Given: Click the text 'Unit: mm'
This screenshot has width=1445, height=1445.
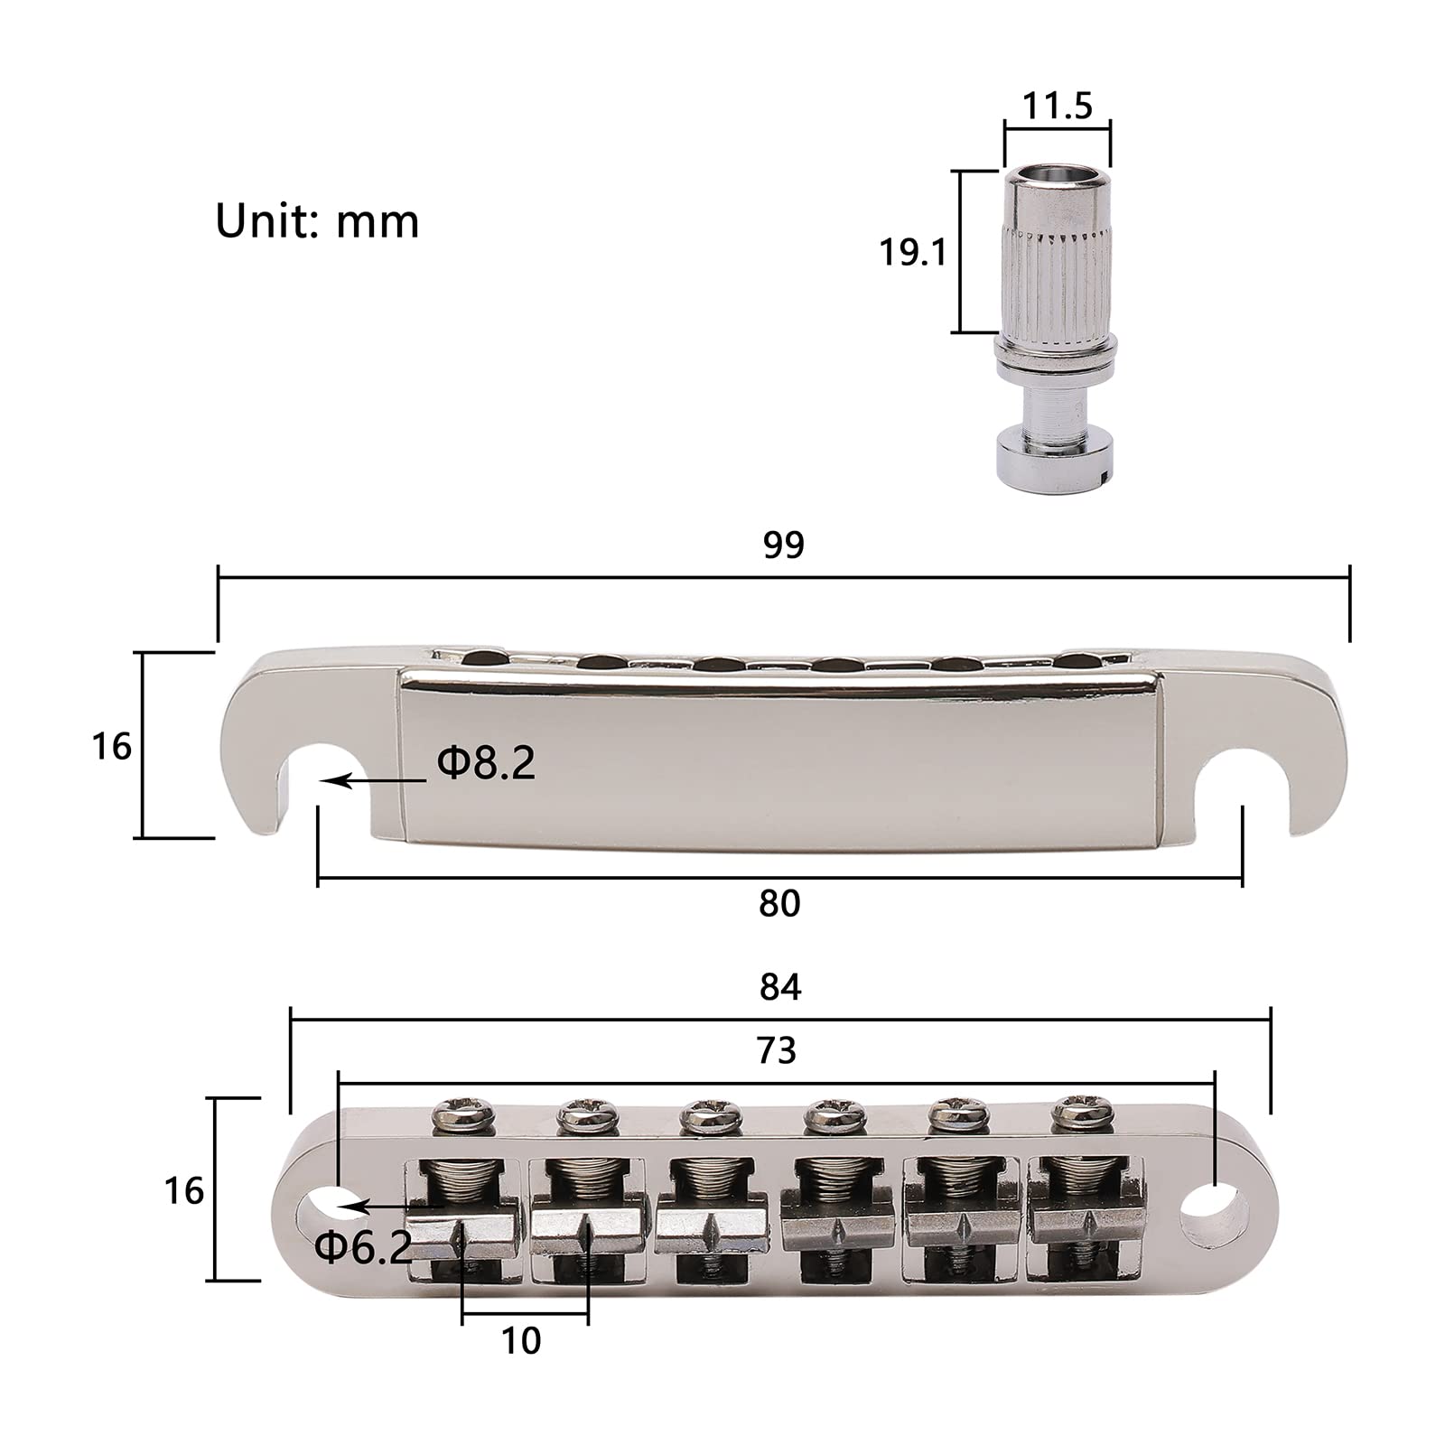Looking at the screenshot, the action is [317, 221].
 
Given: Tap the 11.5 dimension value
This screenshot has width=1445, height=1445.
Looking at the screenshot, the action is [1058, 106].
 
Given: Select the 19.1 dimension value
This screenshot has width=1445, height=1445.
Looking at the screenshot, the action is [913, 253].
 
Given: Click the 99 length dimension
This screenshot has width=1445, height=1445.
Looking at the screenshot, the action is [783, 545].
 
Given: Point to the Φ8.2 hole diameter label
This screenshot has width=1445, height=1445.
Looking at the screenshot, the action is [486, 763].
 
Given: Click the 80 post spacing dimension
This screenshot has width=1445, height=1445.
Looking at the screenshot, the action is [779, 903].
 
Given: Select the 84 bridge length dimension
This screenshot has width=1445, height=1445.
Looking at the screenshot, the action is [780, 987].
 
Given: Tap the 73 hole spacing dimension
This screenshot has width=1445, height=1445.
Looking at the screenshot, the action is [777, 1050].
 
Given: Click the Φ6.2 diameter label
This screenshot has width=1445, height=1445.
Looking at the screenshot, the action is [363, 1248].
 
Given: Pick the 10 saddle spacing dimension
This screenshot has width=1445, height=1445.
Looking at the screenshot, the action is [521, 1341].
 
